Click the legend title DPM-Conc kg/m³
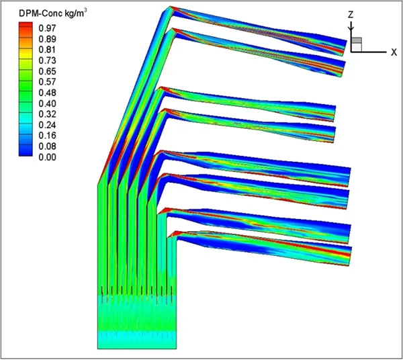click(x=52, y=13)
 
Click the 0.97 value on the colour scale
click(x=47, y=28)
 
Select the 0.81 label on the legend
click(x=47, y=50)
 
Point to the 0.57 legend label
click(x=47, y=82)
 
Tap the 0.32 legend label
click(x=47, y=114)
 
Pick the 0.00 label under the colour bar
click(x=47, y=157)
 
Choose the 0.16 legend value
click(x=47, y=136)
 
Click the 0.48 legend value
click(x=47, y=93)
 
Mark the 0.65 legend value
click(x=47, y=71)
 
